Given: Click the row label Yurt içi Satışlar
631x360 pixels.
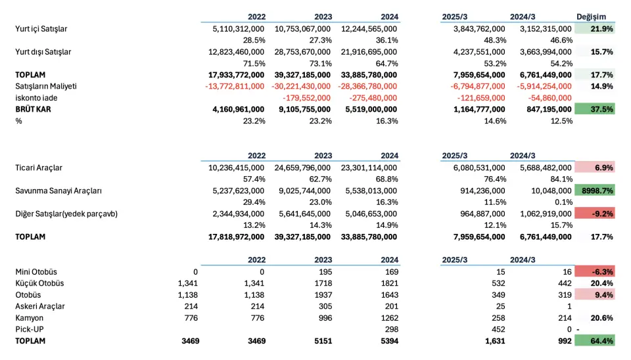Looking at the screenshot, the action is pyautogui.click(x=41, y=29).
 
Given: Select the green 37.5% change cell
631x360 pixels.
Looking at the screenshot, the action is pyautogui.click(x=594, y=109).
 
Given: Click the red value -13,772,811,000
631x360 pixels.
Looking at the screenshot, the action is pyautogui.click(x=235, y=87).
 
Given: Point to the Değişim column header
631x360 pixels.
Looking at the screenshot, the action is pyautogui.click(x=591, y=17).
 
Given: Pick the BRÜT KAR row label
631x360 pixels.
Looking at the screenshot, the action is pyautogui.click(x=33, y=110).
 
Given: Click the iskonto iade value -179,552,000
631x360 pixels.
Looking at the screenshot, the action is pyautogui.click(x=307, y=98).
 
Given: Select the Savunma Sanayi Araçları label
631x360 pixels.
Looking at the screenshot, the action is pyautogui.click(x=58, y=191).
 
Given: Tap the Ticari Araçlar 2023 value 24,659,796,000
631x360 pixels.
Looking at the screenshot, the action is pyautogui.click(x=302, y=168).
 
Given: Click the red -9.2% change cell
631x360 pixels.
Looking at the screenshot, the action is pyautogui.click(x=594, y=214).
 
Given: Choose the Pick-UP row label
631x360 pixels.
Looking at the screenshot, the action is pyautogui.click(x=30, y=329).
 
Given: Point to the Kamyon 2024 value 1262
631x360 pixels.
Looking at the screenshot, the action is pyautogui.click(x=390, y=318).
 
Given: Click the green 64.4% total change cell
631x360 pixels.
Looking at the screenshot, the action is pyautogui.click(x=594, y=341).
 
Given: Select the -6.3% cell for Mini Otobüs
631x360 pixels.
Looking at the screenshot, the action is pyautogui.click(x=594, y=271).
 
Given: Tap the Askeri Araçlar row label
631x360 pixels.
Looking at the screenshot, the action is pyautogui.click(x=40, y=307).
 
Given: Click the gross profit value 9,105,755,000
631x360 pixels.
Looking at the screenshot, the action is pyautogui.click(x=304, y=110).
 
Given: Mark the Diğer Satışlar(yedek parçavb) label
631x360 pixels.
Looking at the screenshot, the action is pyautogui.click(x=66, y=214).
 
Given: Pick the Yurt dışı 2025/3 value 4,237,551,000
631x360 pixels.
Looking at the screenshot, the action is pyautogui.click(x=479, y=52).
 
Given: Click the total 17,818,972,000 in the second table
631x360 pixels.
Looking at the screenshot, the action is pyautogui.click(x=236, y=237).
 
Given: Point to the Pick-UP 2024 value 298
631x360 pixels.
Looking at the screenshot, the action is pyautogui.click(x=392, y=329).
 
